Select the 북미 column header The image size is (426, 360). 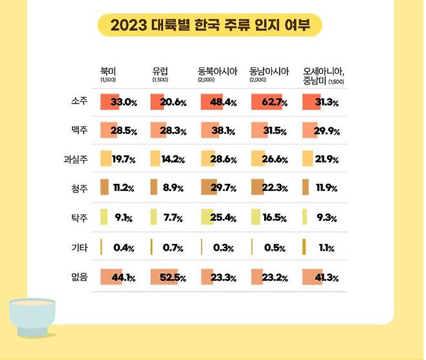[108, 71]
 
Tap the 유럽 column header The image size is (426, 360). [160, 71]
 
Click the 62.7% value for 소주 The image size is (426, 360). [276, 102]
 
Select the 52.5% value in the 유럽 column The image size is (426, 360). [173, 278]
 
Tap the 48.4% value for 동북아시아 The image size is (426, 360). [224, 102]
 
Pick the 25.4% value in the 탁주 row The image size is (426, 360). [224, 218]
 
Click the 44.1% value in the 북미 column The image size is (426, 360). [123, 278]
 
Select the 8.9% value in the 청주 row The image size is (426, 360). [173, 188]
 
